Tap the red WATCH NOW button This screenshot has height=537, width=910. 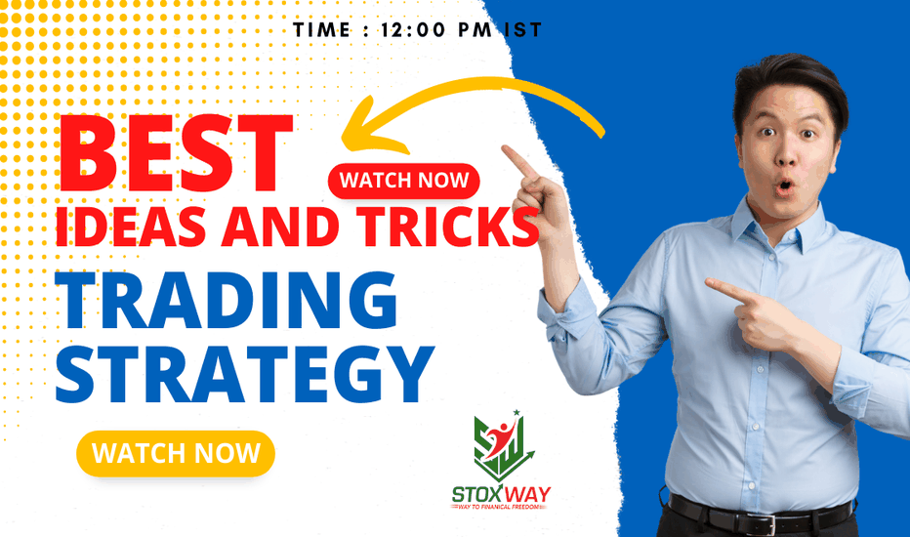[404, 181]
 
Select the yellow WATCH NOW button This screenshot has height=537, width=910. [176, 453]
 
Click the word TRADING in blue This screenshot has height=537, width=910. [227, 300]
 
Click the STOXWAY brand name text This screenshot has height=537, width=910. [502, 495]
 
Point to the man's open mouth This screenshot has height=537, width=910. [785, 186]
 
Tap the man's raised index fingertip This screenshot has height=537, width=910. [505, 149]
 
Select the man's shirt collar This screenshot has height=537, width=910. [777, 229]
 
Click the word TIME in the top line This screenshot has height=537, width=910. [321, 30]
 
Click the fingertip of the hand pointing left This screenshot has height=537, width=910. [709, 283]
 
